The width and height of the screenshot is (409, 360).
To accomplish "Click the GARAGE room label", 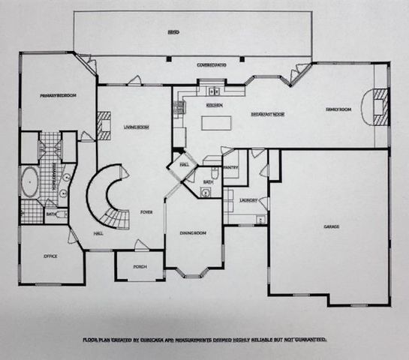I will click(332, 226).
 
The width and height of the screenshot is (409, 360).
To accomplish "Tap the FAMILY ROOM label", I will click(338, 109).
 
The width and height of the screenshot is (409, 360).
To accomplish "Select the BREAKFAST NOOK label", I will click(267, 115).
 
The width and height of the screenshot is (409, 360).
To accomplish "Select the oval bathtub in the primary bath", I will click(31, 183).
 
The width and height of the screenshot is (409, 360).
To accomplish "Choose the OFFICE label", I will click(50, 256).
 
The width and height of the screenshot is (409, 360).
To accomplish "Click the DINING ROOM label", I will click(193, 234).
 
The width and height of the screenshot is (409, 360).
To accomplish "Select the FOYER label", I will click(146, 212).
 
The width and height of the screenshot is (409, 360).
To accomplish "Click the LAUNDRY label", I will click(248, 200).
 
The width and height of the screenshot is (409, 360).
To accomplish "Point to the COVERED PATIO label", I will click(212, 64).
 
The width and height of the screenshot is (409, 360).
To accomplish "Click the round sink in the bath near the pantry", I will click(205, 192).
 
